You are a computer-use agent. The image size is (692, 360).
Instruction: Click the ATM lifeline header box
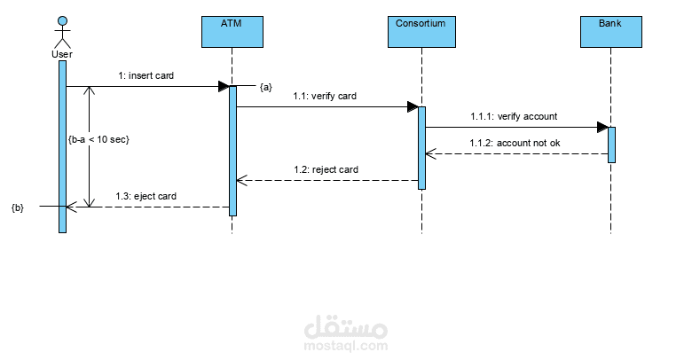pyautogui.click(x=232, y=32)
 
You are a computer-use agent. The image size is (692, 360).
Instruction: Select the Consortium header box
pyautogui.click(x=421, y=32)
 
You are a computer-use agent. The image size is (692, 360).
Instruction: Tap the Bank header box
pyautogui.click(x=610, y=32)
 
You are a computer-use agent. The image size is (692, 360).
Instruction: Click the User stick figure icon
pyautogui.click(x=62, y=32)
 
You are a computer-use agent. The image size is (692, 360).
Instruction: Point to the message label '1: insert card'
pyautogui.click(x=146, y=76)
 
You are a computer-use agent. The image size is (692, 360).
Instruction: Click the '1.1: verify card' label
pyautogui.click(x=325, y=96)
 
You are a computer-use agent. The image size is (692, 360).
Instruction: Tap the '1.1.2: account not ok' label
pyautogui.click(x=515, y=142)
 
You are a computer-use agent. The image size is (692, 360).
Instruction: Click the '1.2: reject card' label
pyautogui.click(x=326, y=168)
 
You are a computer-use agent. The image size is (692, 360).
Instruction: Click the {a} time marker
pyautogui.click(x=265, y=87)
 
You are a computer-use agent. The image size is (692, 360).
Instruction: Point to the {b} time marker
pyautogui.click(x=18, y=207)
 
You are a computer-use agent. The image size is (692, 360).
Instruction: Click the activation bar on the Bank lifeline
pyautogui.click(x=611, y=145)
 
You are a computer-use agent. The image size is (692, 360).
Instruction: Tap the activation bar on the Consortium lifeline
pyautogui.click(x=422, y=147)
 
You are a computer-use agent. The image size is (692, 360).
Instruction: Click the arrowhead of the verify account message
pyautogui.click(x=602, y=127)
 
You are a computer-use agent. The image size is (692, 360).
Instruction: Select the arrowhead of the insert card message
pyautogui.click(x=224, y=87)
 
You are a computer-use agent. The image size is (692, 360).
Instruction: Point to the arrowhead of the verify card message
pyautogui.click(x=413, y=107)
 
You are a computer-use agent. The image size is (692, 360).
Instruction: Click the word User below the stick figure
pyautogui.click(x=62, y=55)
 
